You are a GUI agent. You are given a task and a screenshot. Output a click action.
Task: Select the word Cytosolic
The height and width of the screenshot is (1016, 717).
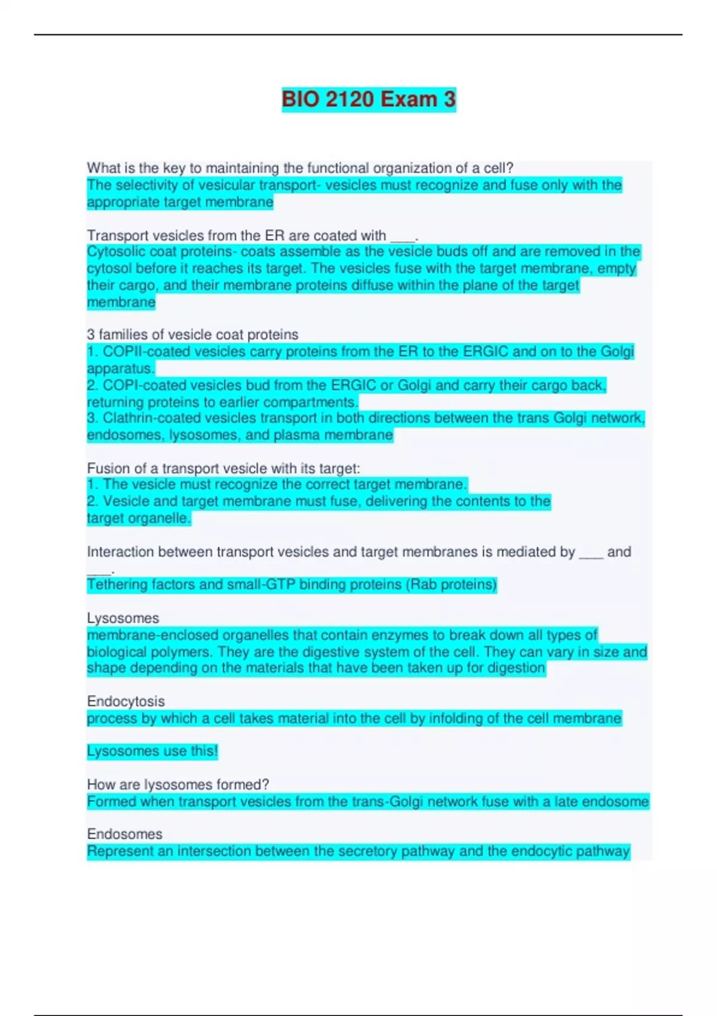click(115, 252)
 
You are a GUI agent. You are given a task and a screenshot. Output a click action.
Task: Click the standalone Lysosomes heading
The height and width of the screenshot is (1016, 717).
click(123, 618)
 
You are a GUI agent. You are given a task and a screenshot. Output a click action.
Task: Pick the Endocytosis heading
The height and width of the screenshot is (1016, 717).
click(125, 701)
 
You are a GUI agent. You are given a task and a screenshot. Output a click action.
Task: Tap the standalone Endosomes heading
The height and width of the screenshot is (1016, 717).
click(124, 834)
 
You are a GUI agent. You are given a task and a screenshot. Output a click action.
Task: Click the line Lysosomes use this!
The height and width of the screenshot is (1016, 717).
click(152, 751)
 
